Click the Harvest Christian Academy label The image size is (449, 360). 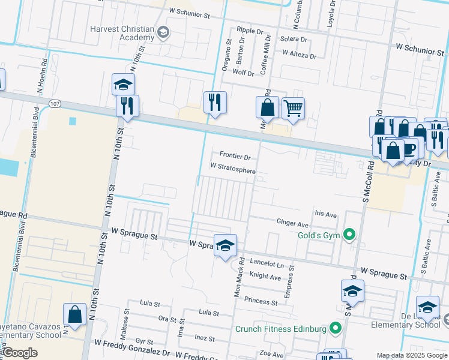tap(122, 34)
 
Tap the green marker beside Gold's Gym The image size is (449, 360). tap(352, 235)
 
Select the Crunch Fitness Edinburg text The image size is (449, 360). tap(280, 329)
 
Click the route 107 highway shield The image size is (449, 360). tap(55, 104)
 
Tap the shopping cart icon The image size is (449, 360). tap(293, 109)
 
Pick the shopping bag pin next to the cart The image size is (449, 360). tap(267, 108)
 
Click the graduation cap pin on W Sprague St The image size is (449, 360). tap(225, 245)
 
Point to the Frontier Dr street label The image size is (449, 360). tap(235, 155)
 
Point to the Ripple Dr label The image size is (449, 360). tap(250, 29)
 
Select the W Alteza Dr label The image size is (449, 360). tap(299, 55)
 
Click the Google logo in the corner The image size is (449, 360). tap(20, 353)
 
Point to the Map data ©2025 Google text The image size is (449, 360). tap(412, 355)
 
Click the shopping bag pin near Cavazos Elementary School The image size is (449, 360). tap(74, 314)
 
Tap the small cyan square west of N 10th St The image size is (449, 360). tap(73, 121)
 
